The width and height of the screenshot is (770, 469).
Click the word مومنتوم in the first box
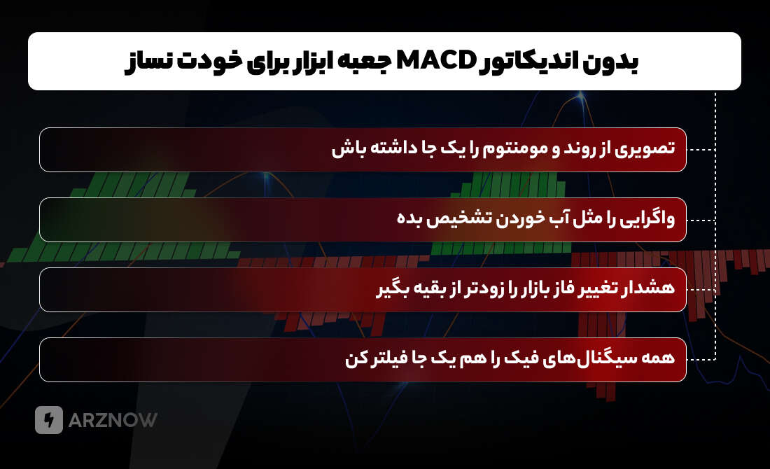(x=517, y=150)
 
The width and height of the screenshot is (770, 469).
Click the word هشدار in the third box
(x=650, y=289)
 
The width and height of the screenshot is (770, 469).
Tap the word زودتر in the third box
(x=462, y=289)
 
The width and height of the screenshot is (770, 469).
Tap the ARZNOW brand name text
(x=113, y=420)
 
